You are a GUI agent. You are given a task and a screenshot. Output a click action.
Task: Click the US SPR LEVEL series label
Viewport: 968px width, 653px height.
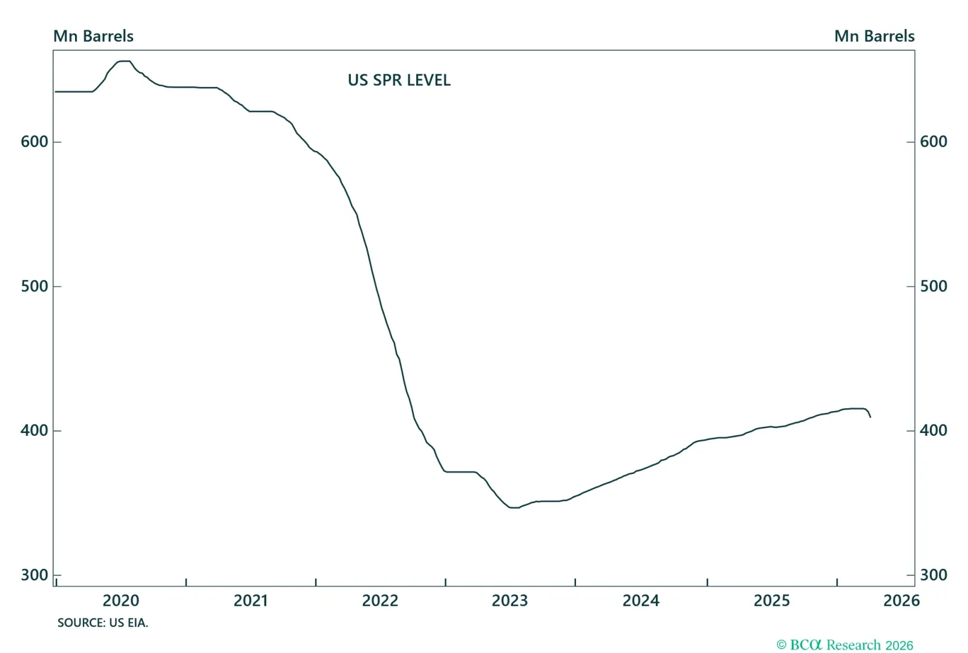click(x=399, y=80)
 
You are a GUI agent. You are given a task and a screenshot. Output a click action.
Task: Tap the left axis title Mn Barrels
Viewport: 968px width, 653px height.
click(x=93, y=36)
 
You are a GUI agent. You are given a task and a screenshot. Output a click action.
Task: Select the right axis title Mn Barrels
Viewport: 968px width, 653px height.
click(x=874, y=36)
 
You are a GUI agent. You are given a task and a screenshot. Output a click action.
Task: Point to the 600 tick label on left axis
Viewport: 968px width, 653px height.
click(x=34, y=141)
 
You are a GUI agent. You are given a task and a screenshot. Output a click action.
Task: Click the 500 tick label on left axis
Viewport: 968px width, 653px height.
click(x=34, y=286)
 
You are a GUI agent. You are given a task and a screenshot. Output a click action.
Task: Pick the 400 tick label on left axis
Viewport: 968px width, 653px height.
click(x=34, y=430)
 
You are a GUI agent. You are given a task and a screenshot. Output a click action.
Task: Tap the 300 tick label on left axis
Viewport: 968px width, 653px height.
click(x=34, y=575)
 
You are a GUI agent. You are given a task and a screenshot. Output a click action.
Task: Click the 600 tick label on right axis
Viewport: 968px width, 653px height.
click(x=934, y=141)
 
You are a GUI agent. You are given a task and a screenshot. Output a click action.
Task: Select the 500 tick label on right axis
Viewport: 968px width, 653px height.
click(x=934, y=286)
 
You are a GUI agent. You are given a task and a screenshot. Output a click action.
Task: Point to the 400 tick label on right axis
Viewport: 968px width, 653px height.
click(x=934, y=430)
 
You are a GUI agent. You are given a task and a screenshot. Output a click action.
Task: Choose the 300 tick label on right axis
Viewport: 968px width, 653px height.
click(x=934, y=575)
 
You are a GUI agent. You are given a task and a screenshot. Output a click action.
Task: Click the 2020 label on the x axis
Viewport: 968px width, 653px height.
click(x=121, y=600)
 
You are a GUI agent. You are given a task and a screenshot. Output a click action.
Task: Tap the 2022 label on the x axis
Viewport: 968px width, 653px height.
click(x=380, y=600)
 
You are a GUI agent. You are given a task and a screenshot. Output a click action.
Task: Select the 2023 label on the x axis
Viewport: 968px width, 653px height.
click(x=510, y=600)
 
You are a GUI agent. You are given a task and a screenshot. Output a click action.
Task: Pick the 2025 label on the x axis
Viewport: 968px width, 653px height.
click(x=771, y=600)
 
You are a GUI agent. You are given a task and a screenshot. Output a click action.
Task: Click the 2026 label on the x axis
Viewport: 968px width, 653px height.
click(x=901, y=600)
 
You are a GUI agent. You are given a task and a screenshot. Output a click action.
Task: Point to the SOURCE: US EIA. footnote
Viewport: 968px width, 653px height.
click(x=103, y=623)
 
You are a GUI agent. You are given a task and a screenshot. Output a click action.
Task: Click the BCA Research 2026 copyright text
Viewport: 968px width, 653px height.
click(x=845, y=645)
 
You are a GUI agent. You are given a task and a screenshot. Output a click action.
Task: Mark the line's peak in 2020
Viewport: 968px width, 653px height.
click(x=124, y=61)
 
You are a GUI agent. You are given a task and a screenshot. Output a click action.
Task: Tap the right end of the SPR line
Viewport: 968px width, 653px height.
click(x=870, y=417)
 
